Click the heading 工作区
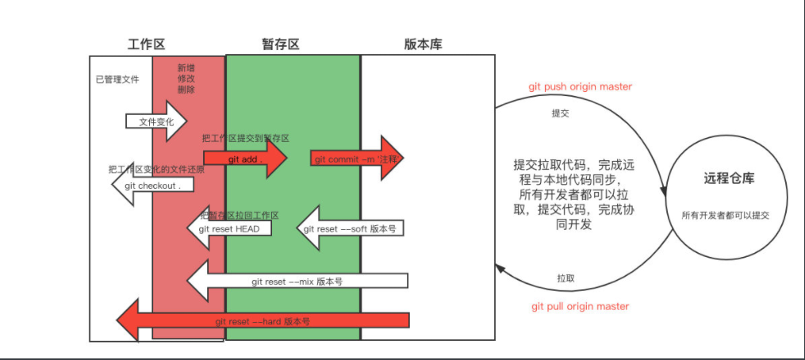pos(146,44)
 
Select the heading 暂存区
pos(281,44)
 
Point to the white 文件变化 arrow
pos(155,121)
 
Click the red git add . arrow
pos(244,159)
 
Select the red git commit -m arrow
pos(356,159)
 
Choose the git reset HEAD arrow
pos(229,229)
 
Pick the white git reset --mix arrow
pos(297,281)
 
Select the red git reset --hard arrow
pos(262,321)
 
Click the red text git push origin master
pos(581,86)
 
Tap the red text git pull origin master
pos(581,306)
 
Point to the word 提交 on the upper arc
pos(560,113)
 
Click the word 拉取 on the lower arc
pos(565,278)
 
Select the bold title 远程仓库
pos(729,178)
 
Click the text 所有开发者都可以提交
pos(726,215)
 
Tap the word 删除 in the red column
pos(186,90)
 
